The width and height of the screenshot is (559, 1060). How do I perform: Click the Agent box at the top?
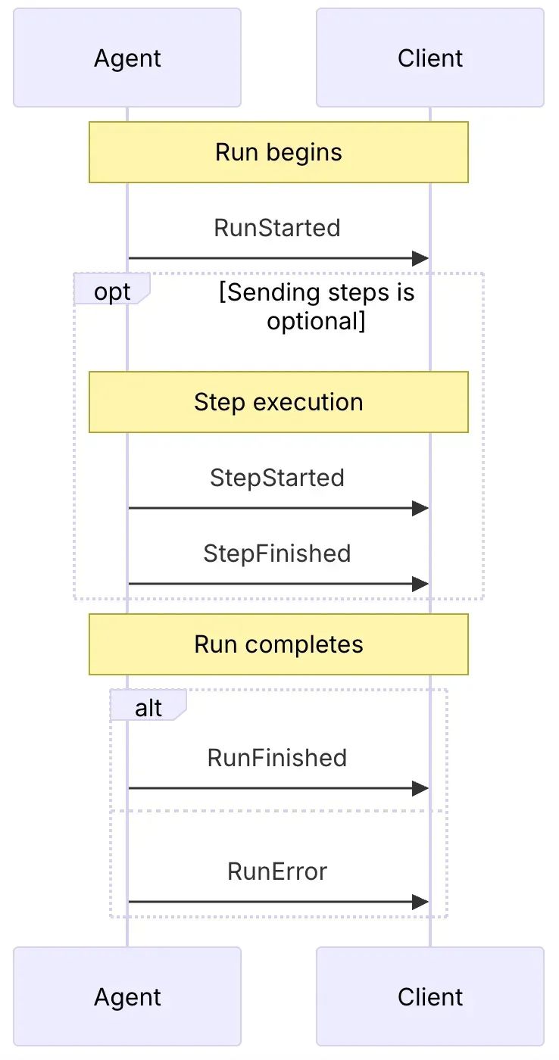click(127, 58)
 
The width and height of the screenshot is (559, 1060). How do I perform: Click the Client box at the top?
click(430, 58)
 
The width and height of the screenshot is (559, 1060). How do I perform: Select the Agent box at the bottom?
click(127, 997)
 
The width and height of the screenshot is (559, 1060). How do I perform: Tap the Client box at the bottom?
click(430, 997)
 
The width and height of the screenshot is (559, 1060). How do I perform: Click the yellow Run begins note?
click(279, 152)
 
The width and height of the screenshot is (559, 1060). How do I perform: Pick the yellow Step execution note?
click(279, 402)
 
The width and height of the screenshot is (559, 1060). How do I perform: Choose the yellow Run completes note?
click(279, 644)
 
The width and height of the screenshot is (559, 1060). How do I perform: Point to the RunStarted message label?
click(277, 228)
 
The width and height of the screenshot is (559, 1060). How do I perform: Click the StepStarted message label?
click(277, 478)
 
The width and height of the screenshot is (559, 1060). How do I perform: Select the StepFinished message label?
click(277, 553)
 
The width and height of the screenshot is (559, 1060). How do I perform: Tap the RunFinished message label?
click(277, 758)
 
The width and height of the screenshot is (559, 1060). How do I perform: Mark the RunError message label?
click(277, 871)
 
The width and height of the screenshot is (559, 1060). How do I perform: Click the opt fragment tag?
click(112, 291)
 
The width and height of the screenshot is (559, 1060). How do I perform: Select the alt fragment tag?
click(148, 708)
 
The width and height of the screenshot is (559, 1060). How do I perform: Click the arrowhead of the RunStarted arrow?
click(420, 259)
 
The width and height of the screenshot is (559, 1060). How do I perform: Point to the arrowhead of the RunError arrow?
click(420, 903)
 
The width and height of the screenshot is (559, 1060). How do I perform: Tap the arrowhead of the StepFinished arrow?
click(420, 585)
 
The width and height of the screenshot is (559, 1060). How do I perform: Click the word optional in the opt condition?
click(311, 321)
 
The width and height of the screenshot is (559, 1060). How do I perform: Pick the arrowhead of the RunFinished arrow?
click(420, 789)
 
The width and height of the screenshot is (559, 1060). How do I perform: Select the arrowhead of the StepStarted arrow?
click(420, 509)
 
